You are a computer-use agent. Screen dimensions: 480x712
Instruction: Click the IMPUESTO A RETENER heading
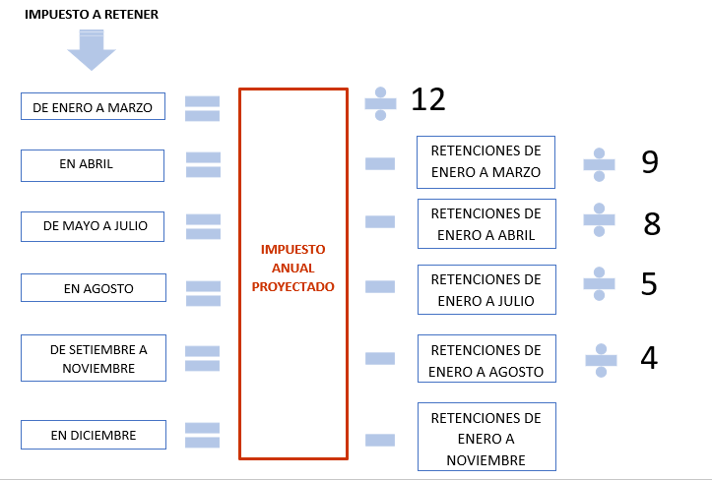[x=92, y=15]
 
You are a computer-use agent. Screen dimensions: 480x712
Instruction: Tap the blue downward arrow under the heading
[x=92, y=49]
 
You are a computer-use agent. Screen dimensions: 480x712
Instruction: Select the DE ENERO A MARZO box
[x=92, y=107]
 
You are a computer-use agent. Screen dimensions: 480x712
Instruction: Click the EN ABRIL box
[x=92, y=165]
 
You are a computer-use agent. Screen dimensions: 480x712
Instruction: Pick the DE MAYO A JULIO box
[x=92, y=225]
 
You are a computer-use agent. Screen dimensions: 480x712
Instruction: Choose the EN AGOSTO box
[x=92, y=288]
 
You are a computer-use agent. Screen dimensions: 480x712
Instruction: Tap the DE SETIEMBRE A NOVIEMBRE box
[x=92, y=358]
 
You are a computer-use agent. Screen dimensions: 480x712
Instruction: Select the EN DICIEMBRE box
[x=92, y=435]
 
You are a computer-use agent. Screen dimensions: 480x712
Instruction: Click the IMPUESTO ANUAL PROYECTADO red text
[x=292, y=268]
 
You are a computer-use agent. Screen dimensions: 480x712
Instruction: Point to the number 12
[x=428, y=99]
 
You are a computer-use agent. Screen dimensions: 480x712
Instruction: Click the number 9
[x=649, y=162]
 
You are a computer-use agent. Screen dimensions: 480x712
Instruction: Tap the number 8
[x=651, y=224]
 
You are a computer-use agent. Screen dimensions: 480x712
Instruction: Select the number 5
[x=649, y=284]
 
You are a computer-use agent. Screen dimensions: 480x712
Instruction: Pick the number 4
[x=649, y=358]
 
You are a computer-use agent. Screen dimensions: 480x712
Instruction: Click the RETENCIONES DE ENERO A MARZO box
[x=485, y=161]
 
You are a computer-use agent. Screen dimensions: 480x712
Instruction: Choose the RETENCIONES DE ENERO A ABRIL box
[x=485, y=224]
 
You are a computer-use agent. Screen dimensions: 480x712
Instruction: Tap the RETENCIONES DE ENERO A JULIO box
[x=485, y=289]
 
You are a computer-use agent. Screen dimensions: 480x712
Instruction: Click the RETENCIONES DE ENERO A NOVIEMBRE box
[x=485, y=438]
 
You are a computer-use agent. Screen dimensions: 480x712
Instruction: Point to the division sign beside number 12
[x=380, y=101]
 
